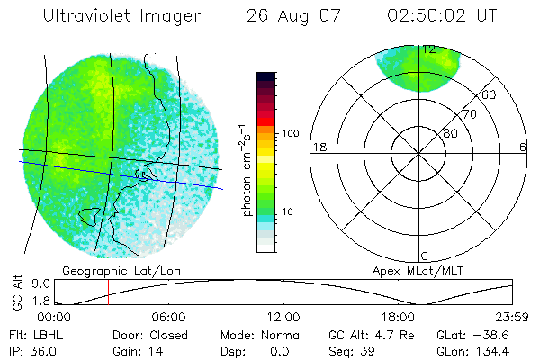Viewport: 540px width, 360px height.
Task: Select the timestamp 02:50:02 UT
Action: (x=441, y=16)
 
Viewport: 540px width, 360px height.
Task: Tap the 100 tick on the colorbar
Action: (x=291, y=133)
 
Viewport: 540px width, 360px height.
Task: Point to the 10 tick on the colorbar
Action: (x=289, y=211)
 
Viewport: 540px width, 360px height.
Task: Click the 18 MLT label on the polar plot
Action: (x=318, y=147)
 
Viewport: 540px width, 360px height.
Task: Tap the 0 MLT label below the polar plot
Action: (x=425, y=256)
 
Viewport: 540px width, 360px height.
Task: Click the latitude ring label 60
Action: (x=490, y=94)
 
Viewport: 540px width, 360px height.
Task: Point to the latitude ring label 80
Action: (x=450, y=133)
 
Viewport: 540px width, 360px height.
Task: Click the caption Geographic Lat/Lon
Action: (x=111, y=270)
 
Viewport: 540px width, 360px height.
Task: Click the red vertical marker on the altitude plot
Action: (x=108, y=292)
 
